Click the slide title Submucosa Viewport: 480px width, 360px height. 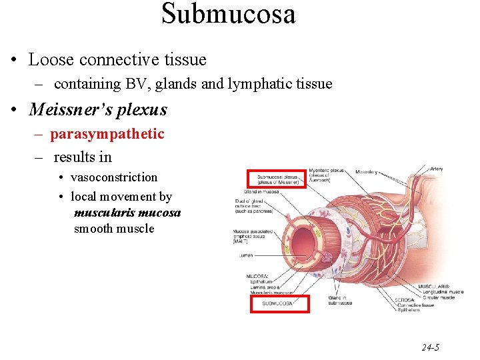coord(228,13)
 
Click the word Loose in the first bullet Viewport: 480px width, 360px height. coord(51,59)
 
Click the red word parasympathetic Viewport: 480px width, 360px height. coord(107,134)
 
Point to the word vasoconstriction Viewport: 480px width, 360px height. coord(114,177)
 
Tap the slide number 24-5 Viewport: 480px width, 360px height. coord(430,347)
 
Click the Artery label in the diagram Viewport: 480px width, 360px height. coord(437,169)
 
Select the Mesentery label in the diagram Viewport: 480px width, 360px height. coord(366,172)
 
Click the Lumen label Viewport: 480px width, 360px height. coord(245,255)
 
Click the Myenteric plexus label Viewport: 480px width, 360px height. coord(327,171)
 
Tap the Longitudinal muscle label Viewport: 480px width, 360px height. coord(443,291)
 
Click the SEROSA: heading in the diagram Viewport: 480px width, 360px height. coord(404,300)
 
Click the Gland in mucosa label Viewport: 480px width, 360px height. coord(261,192)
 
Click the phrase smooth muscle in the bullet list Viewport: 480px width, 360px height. coord(114,229)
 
